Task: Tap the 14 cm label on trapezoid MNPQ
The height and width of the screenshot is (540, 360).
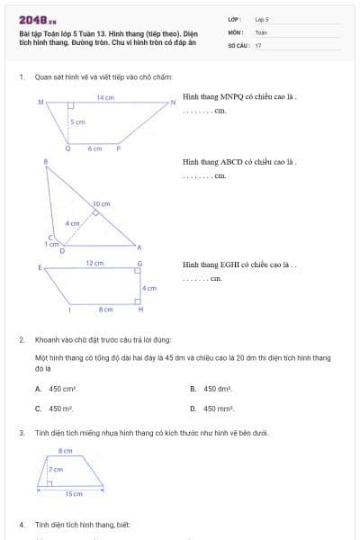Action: [x=104, y=96]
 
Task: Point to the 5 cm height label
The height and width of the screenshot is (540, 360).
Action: [x=78, y=122]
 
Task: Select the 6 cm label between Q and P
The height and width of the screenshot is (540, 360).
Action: [x=94, y=148]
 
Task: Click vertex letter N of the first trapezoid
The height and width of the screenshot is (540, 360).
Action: [x=173, y=103]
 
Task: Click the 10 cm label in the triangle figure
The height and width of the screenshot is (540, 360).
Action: [x=102, y=204]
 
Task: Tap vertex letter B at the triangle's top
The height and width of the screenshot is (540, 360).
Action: [x=46, y=160]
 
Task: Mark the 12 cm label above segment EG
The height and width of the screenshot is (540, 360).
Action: [x=94, y=263]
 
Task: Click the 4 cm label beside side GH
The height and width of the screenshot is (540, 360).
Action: [x=150, y=288]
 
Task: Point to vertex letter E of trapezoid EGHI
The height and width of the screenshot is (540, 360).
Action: [x=40, y=267]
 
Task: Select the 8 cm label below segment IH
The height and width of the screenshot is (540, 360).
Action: [x=105, y=310]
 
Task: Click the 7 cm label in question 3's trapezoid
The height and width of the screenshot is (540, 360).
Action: [x=56, y=470]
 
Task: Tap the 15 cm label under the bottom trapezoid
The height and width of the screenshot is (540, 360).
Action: [x=74, y=493]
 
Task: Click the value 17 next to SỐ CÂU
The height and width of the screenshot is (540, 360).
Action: [x=258, y=44]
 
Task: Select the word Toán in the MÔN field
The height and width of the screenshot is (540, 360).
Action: [x=261, y=31]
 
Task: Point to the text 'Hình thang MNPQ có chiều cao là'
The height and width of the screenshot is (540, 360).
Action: [x=238, y=96]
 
